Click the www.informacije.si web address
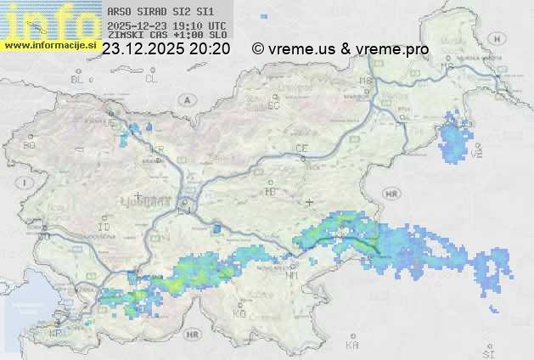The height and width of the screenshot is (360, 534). coord(49,45)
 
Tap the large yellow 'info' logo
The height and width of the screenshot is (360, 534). coord(49,20)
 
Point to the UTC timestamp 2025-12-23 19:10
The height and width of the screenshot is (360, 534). coord(166,25)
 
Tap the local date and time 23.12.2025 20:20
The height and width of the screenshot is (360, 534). coord(166,49)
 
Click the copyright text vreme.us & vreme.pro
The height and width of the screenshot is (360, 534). coord(340,49)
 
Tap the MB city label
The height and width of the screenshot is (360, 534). coord(366,81)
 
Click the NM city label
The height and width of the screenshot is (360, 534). coord(292,275)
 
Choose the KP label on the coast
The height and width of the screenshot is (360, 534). coord(56,333)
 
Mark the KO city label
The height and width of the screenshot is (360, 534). coord(239,313)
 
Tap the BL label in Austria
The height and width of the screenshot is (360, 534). coord(78,79)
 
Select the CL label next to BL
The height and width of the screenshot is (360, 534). coord(151,79)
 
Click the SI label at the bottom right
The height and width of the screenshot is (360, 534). coord(487,350)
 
